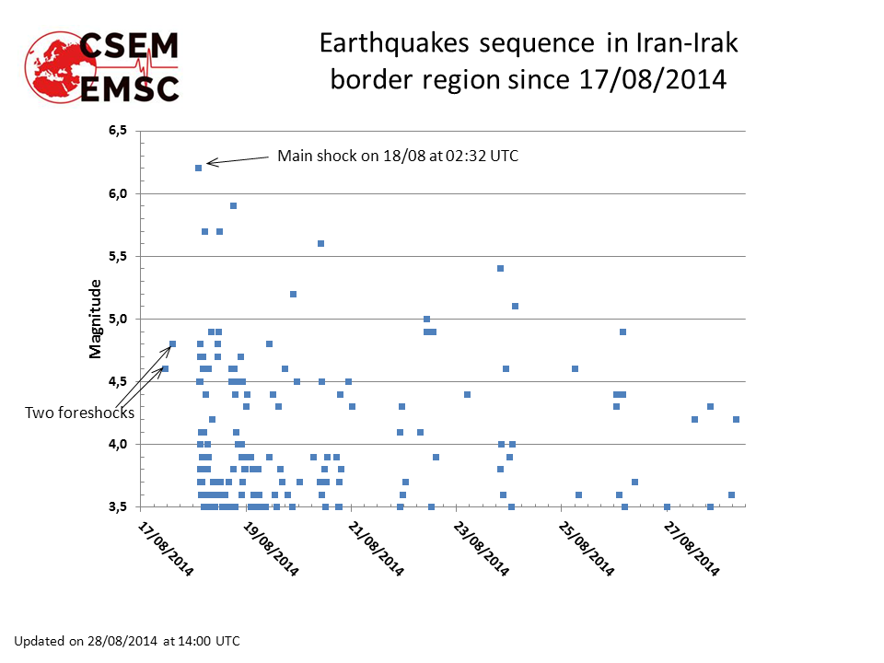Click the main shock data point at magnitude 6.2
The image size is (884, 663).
click(198, 168)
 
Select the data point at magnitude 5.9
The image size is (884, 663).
click(234, 205)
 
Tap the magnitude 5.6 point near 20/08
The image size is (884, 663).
click(320, 243)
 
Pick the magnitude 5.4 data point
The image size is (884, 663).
click(500, 268)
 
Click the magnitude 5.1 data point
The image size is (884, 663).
click(515, 306)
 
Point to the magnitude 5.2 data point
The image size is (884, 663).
click(293, 294)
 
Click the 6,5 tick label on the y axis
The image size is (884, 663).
click(117, 131)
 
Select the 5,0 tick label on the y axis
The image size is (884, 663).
click(117, 319)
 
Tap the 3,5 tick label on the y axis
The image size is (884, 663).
click(117, 506)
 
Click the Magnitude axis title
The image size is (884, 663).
click(95, 319)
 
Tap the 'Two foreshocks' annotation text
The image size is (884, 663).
click(79, 413)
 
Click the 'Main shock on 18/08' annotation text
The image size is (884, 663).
click(398, 157)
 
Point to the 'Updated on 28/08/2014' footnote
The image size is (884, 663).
click(126, 640)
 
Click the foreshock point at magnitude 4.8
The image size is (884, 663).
click(172, 343)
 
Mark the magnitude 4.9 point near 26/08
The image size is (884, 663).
click(622, 331)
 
